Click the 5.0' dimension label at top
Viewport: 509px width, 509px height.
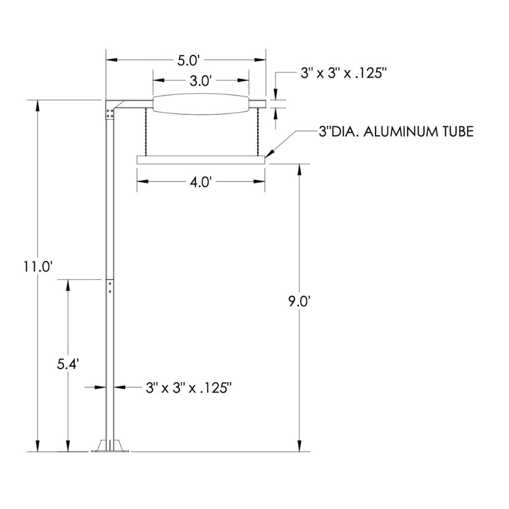coord(189,61)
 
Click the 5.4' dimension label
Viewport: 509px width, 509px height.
coord(68,364)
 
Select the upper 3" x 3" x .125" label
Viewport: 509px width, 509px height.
coord(344,73)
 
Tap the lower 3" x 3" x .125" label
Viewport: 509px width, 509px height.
coord(190,387)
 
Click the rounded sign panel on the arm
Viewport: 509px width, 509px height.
coord(201,104)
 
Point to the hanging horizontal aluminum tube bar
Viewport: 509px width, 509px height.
coord(201,160)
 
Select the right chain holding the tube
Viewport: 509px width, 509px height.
coord(257,132)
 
